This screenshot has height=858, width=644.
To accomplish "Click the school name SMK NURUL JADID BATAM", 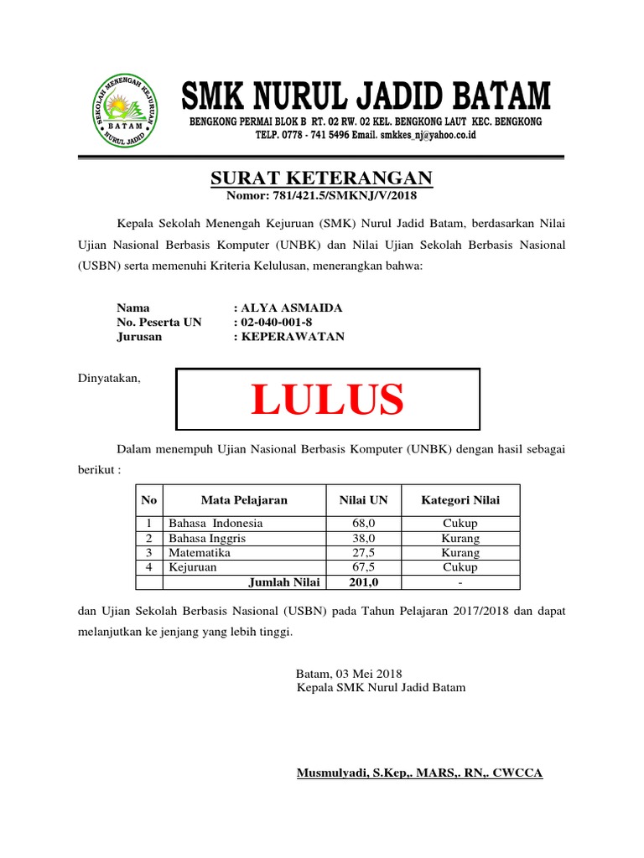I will (x=366, y=97).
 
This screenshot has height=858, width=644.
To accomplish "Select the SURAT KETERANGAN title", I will (x=321, y=178).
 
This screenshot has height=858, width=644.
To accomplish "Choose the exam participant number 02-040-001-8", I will (x=280, y=323).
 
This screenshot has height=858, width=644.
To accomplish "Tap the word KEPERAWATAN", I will (x=293, y=337).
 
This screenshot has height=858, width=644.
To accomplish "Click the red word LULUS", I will (x=327, y=399).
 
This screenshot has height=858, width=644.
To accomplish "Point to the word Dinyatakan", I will (x=109, y=379).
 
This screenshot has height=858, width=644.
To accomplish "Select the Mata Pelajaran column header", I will (x=244, y=500).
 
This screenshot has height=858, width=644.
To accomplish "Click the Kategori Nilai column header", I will (x=460, y=500).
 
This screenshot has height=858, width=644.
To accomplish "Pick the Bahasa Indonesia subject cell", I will (x=216, y=523).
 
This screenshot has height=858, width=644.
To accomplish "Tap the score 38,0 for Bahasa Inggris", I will (x=364, y=538).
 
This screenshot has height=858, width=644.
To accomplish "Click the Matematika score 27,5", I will (x=364, y=553).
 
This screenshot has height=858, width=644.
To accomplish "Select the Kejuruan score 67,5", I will (x=364, y=567).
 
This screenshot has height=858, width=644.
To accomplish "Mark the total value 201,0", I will (x=364, y=582).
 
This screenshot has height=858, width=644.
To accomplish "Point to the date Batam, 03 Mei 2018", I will (x=350, y=674).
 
